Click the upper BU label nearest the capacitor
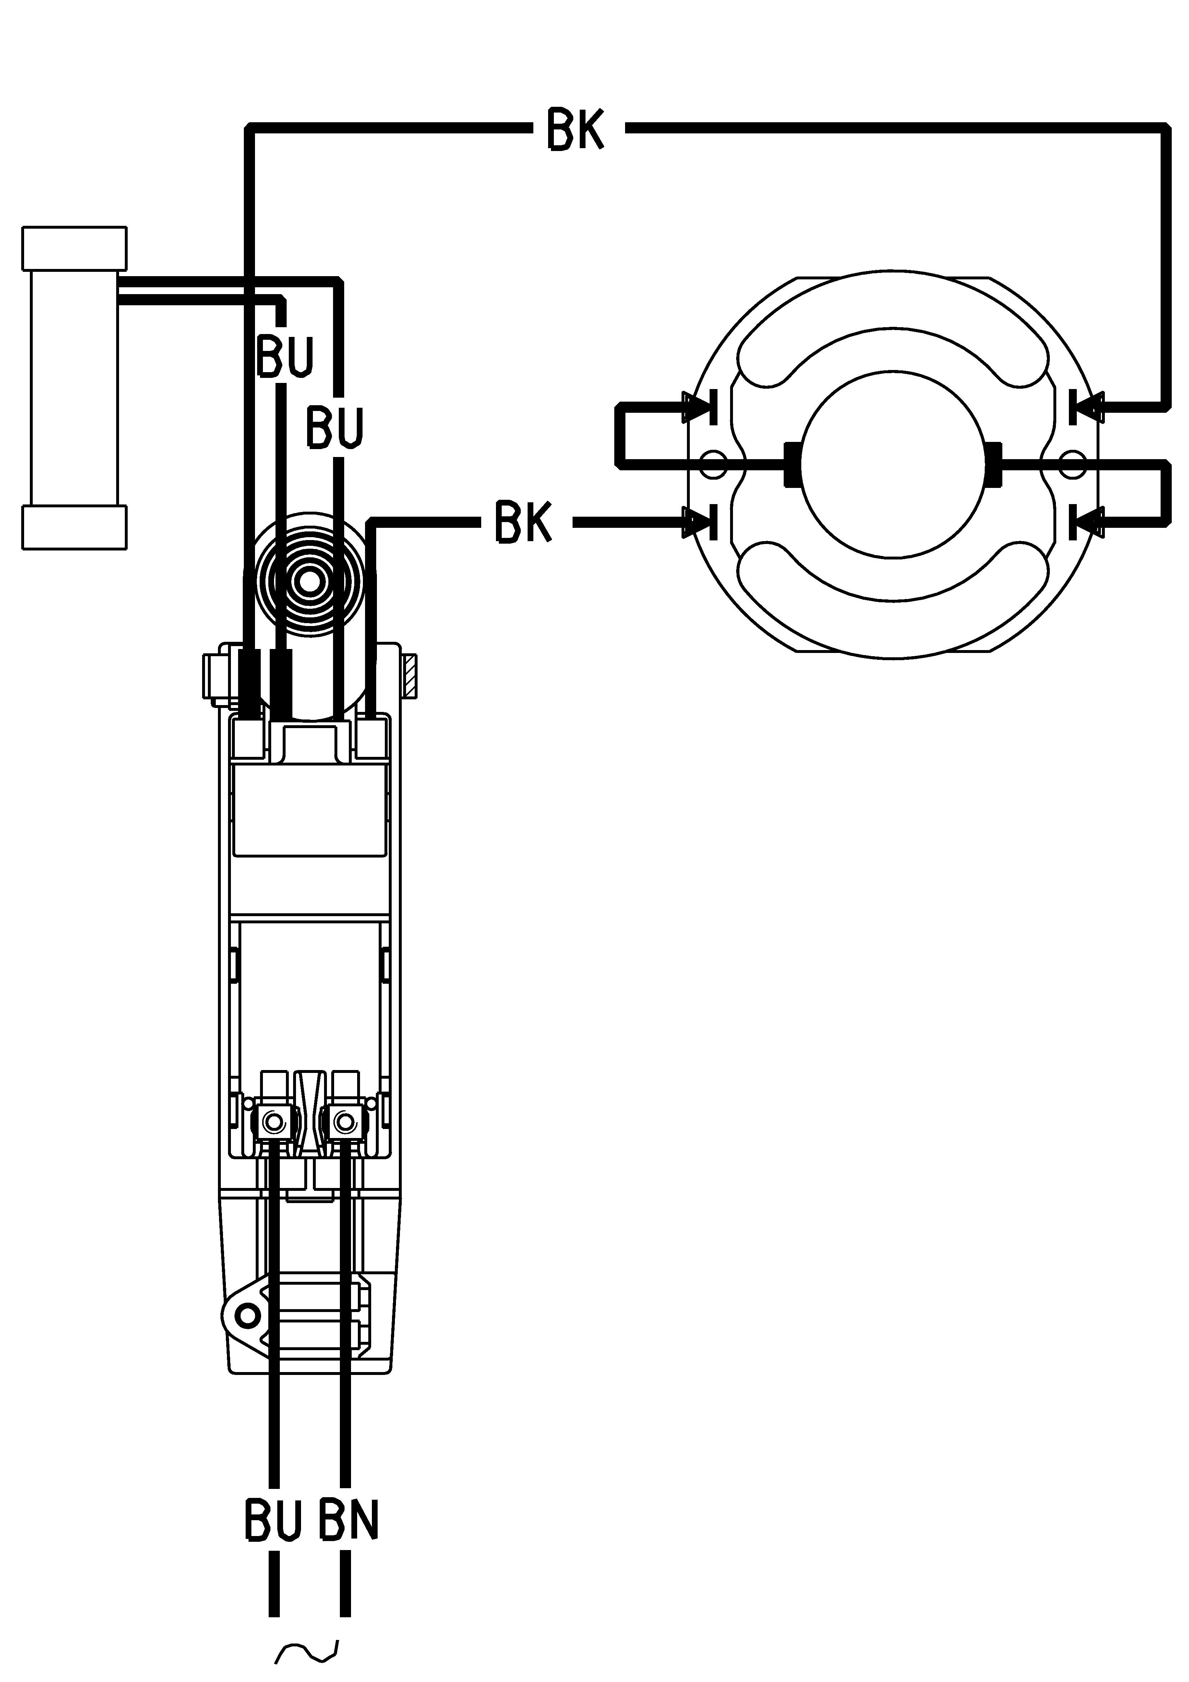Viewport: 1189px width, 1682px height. coord(285,357)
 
